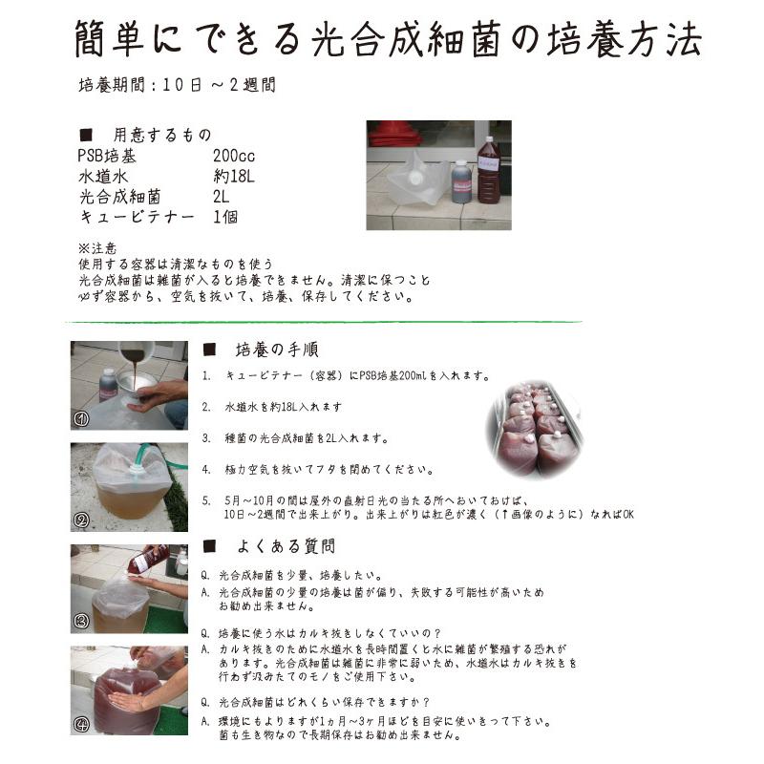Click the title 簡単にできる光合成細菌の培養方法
click(388, 39)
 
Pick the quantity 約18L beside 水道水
click(235, 177)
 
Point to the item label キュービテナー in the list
click(137, 217)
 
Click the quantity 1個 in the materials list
click(225, 217)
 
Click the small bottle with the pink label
click(461, 181)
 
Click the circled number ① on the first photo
click(82, 418)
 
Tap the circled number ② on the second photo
click(82, 520)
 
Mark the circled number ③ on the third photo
click(82, 622)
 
